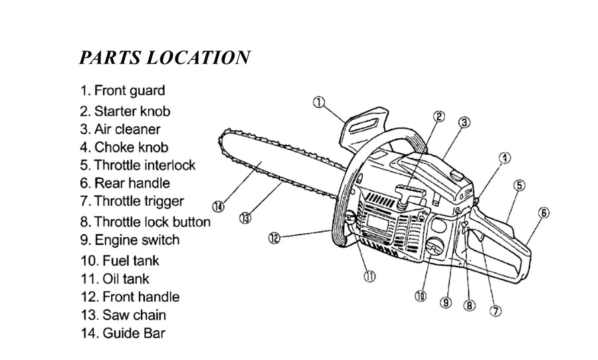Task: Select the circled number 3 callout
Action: [464, 122]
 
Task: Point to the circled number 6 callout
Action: [544, 213]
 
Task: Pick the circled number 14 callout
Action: [218, 207]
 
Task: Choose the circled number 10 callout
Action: [420, 297]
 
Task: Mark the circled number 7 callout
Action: [494, 310]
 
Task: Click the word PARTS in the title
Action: [109, 57]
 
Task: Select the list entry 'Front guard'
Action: [122, 90]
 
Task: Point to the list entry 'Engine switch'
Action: [130, 240]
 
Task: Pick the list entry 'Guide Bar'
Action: [122, 333]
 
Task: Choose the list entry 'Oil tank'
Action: [116, 279]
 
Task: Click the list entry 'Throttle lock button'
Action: [145, 222]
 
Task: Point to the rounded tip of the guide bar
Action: [223, 138]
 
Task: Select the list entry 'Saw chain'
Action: [124, 315]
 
